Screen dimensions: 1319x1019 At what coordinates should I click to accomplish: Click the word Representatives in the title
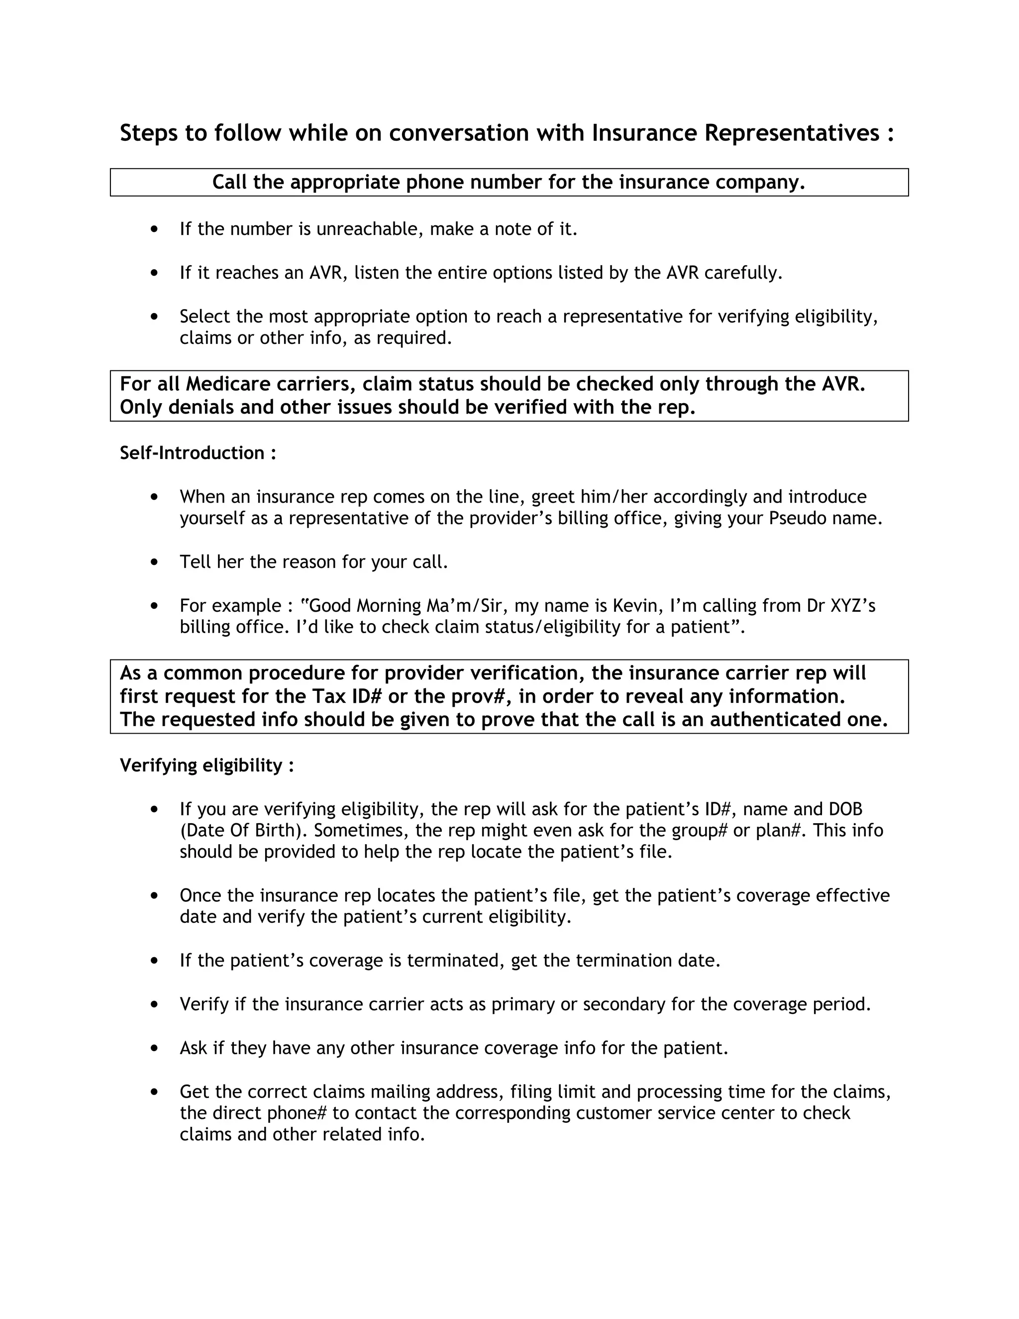click(x=792, y=133)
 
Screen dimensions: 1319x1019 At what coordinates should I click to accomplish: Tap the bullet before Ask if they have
click(x=155, y=1048)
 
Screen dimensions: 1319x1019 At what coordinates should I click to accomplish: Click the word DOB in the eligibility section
click(x=845, y=809)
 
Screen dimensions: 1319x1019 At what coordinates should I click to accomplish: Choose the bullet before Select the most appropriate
click(x=155, y=317)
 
